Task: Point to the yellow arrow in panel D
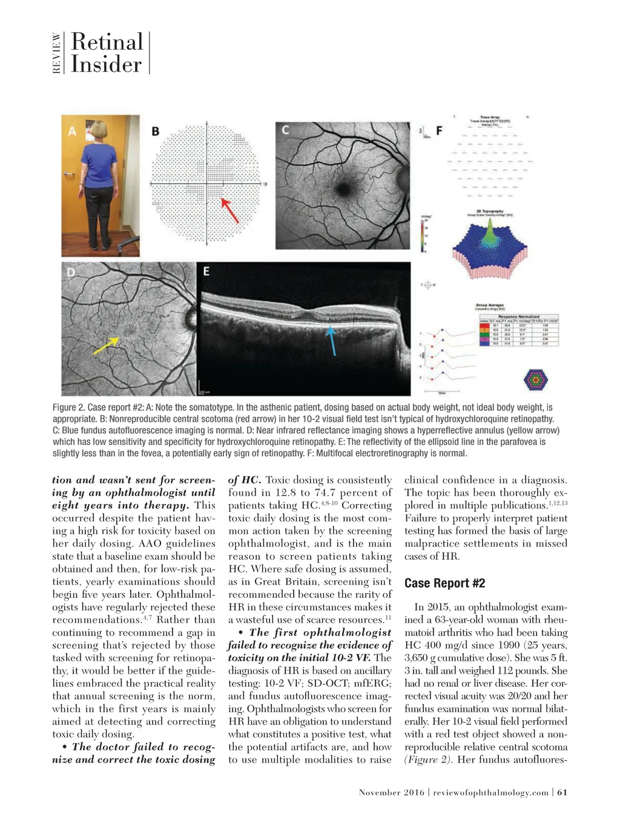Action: tap(106, 345)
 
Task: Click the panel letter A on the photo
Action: tap(72, 131)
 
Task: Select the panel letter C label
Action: tap(285, 130)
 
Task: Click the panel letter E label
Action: tap(206, 272)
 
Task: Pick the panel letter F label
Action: tap(440, 130)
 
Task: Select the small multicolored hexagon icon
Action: tap(536, 379)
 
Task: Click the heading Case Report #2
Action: tap(444, 583)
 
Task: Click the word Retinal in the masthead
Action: tap(107, 42)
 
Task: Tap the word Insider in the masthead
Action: tap(106, 64)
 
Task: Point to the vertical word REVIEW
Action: tap(57, 53)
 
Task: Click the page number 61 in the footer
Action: tap(562, 792)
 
